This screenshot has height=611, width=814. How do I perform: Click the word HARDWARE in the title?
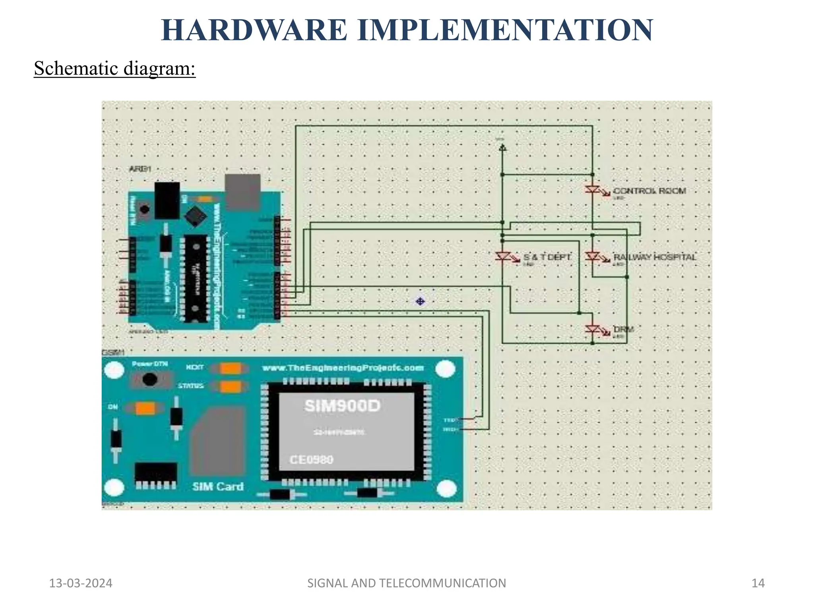pos(254,30)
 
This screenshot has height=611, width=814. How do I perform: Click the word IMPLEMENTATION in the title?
pos(505,30)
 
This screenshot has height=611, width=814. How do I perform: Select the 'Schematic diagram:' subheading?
pos(114,68)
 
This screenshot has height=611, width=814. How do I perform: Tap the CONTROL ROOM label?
pos(649,191)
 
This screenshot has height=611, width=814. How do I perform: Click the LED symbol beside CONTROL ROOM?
pos(593,190)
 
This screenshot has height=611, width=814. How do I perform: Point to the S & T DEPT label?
pos(547,257)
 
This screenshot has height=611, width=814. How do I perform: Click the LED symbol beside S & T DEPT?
pos(504,257)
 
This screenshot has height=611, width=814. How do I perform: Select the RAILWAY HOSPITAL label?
pos(655,257)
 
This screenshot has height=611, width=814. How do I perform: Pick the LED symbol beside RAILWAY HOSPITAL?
pos(593,257)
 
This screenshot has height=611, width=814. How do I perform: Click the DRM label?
pos(623,329)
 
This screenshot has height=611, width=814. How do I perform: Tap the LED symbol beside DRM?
pos(593,329)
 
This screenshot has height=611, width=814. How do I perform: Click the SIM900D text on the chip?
pos(342,406)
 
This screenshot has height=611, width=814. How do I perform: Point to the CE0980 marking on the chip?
pos(312,460)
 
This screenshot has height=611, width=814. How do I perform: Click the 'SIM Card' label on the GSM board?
pos(218,486)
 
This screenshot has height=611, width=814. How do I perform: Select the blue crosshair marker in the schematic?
pos(420,302)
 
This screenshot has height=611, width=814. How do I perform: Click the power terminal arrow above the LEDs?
pos(502,148)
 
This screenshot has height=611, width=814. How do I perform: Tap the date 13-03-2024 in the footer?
pos(81,583)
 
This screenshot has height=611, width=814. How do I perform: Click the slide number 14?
pos(758,583)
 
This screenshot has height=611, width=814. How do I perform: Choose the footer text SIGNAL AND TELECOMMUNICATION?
pos(407,583)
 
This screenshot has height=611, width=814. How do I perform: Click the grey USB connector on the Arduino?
pos(242,192)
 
